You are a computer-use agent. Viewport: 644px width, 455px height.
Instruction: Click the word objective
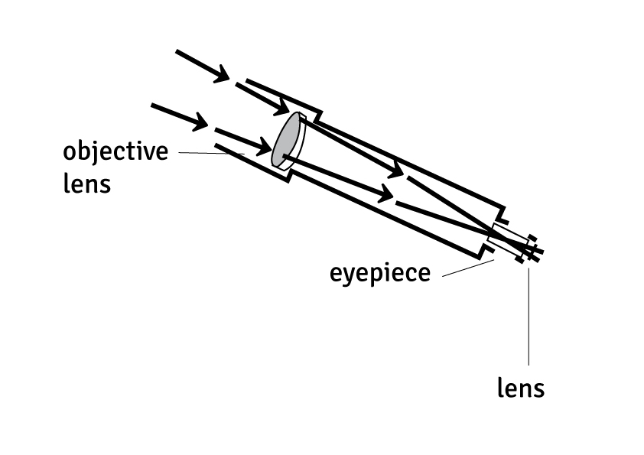[115, 151]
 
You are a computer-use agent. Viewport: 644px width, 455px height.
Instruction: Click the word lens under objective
[86, 184]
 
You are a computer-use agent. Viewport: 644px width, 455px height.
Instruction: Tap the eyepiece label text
[380, 272]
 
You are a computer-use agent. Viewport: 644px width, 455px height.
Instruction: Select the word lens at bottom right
[521, 388]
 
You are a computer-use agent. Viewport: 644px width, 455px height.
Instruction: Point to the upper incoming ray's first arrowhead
[220, 74]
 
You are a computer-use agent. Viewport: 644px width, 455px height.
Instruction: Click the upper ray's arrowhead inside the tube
[395, 171]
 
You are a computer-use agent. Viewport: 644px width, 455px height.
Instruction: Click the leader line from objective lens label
[207, 154]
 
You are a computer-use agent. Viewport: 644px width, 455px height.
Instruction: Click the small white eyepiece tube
[504, 239]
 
